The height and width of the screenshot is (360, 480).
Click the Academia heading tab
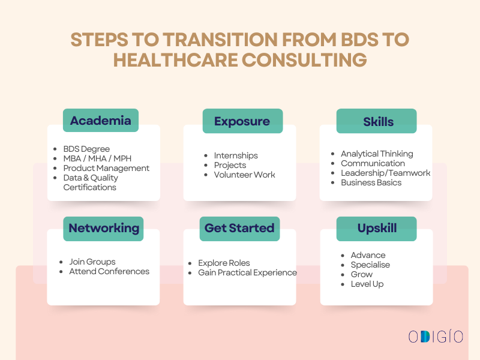point(101,121)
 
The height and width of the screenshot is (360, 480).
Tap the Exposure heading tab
point(242,121)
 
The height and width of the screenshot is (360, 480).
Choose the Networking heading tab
point(104,229)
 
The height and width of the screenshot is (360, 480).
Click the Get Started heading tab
point(239,229)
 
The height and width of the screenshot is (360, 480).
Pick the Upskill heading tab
point(377,229)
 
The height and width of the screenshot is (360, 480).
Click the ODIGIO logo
point(436,337)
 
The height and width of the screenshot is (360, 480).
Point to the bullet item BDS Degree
point(86,149)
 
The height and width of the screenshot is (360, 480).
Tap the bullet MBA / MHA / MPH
point(97,158)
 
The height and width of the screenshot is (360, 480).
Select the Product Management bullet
point(106,168)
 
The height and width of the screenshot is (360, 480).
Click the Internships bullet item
point(236,155)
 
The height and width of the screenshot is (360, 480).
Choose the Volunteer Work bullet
point(244,175)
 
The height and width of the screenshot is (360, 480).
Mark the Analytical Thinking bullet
point(377,154)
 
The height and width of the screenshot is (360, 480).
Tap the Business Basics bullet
point(371,182)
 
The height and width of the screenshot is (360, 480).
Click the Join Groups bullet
point(92,262)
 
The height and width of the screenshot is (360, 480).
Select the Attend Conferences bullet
point(109,271)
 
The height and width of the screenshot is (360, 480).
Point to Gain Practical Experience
point(247,272)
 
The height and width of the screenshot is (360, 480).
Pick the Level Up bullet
point(367,284)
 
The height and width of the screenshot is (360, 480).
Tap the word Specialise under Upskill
point(370,265)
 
